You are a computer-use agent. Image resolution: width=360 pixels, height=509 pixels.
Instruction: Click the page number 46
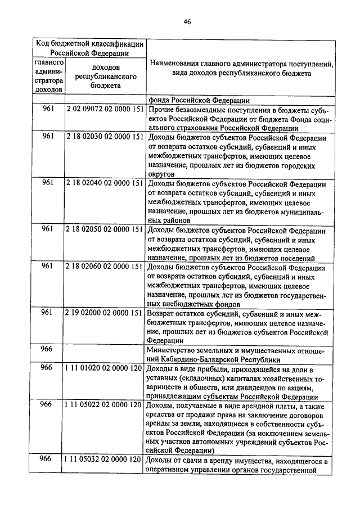pyautogui.click(x=187, y=22)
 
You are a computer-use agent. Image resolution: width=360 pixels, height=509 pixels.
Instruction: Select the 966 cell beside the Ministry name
pyautogui.click(x=47, y=349)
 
